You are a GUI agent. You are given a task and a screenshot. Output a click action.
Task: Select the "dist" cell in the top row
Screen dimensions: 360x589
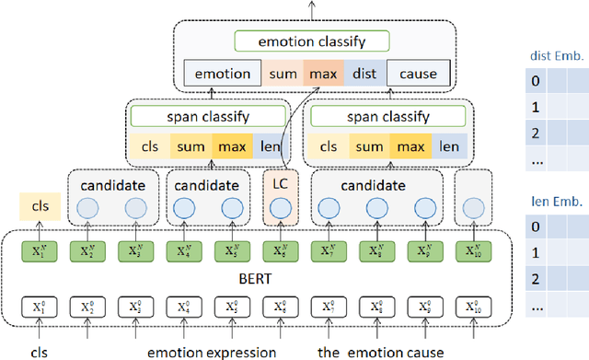367,74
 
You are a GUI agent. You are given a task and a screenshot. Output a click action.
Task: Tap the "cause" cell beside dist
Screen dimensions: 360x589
418,74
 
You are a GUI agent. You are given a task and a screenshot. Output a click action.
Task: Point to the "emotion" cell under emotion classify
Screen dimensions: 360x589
224,74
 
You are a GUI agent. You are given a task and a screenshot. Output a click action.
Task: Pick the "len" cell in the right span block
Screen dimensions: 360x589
448,145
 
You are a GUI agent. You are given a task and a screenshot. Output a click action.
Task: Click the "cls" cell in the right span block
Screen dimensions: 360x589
326,145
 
